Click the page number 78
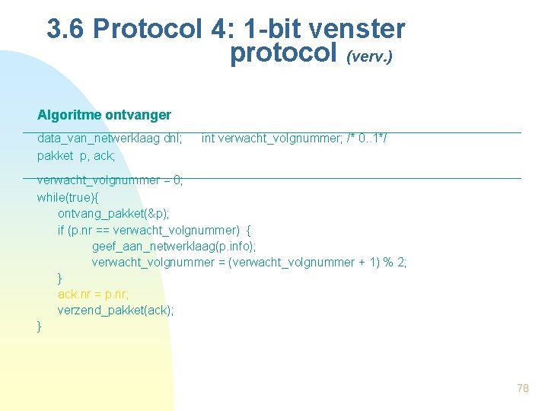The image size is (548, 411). pyautogui.click(x=522, y=388)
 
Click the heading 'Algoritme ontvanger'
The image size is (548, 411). pyautogui.click(x=104, y=115)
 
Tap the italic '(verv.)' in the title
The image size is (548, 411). pyautogui.click(x=370, y=56)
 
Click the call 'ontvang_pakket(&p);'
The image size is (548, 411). pyautogui.click(x=114, y=213)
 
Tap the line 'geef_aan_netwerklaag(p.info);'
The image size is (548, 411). pyautogui.click(x=174, y=246)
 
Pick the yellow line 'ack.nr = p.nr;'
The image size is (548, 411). pyautogui.click(x=92, y=294)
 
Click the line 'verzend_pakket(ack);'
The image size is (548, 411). pyautogui.click(x=116, y=310)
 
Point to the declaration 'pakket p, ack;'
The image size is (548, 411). pyautogui.click(x=76, y=155)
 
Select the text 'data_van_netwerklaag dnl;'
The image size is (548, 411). pyautogui.click(x=110, y=139)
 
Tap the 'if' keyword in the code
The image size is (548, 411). pyautogui.click(x=62, y=230)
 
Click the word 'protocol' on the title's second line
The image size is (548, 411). pyautogui.click(x=283, y=53)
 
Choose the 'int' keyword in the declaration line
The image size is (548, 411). pyautogui.click(x=208, y=139)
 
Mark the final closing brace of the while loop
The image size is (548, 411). pyautogui.click(x=40, y=327)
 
